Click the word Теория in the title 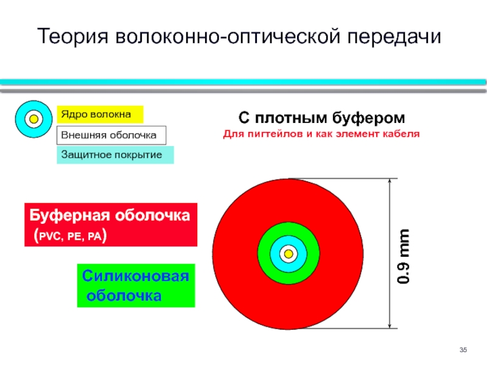pyautogui.click(x=73, y=36)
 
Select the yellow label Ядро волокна pyautogui.click(x=100, y=114)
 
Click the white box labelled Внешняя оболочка pyautogui.click(x=111, y=135)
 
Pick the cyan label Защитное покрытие pyautogui.click(x=115, y=155)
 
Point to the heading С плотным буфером pyautogui.click(x=321, y=118)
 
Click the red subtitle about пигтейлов pyautogui.click(x=321, y=134)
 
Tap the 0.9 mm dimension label pyautogui.click(x=403, y=256)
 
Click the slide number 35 pyautogui.click(x=463, y=350)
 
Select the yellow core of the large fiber pyautogui.click(x=289, y=254)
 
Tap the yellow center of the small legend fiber pyautogui.click(x=33, y=119)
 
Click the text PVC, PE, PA pyautogui.click(x=70, y=237)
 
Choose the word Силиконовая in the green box pyautogui.click(x=135, y=276)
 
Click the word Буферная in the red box pyautogui.click(x=69, y=215)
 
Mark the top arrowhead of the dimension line pyautogui.click(x=390, y=181)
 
